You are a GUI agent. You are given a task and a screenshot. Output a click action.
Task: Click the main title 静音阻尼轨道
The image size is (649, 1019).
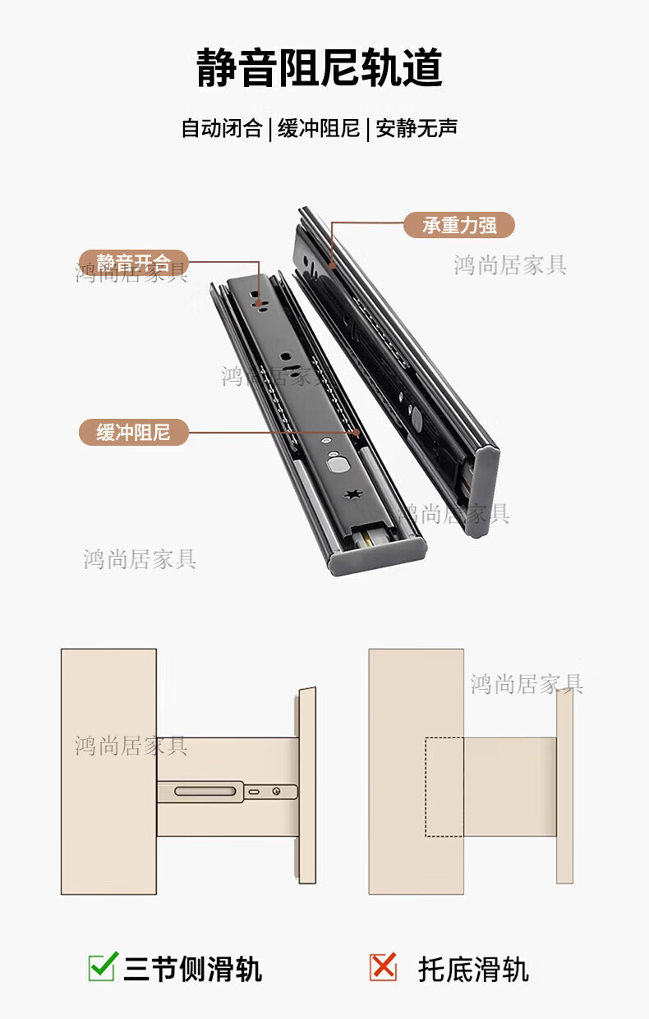coord(320,68)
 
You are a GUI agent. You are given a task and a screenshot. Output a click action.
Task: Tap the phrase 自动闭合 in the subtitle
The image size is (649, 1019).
coord(221,128)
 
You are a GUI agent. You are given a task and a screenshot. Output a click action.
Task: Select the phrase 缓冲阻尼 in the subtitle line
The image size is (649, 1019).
coord(319,128)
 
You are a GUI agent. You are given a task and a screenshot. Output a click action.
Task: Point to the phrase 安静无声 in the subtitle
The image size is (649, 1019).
coord(417,128)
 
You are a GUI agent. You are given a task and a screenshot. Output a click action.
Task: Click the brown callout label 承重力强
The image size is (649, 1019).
coord(458,225)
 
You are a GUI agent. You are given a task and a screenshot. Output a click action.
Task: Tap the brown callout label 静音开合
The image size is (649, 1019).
coord(134,263)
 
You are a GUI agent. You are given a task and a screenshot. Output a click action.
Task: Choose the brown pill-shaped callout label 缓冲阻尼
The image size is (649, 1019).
coord(134,432)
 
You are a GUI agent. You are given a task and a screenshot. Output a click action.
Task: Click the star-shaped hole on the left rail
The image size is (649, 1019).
coord(356,495)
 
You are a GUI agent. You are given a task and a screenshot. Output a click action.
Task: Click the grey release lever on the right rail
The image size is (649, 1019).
coord(415,419)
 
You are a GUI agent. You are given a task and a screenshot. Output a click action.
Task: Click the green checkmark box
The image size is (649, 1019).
coord(102,967)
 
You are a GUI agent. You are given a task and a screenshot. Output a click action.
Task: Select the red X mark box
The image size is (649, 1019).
coord(383,967)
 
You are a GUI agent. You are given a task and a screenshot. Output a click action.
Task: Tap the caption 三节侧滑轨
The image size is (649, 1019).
coord(193,969)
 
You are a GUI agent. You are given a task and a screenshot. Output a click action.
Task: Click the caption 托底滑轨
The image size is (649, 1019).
coord(473,969)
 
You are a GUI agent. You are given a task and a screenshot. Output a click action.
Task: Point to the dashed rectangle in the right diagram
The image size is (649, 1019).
coord(444,787)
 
